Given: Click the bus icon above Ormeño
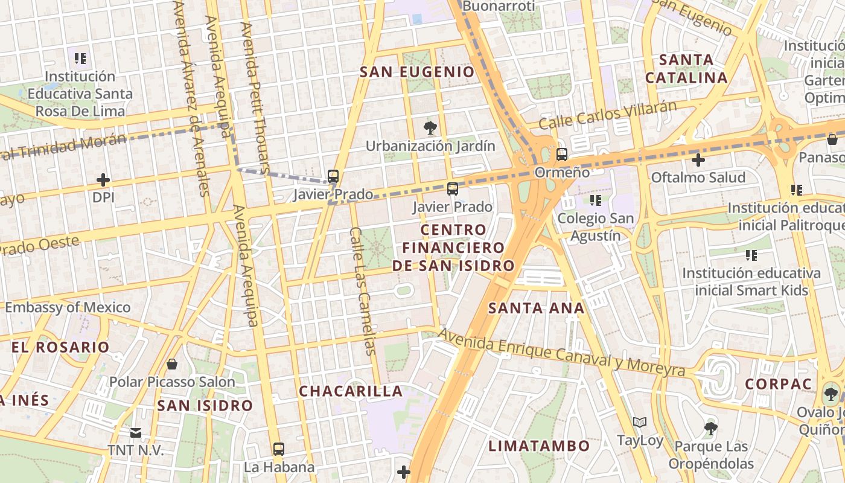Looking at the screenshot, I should tap(562, 154).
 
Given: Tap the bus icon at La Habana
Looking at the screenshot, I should tap(278, 449).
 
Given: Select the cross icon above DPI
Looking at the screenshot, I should tap(103, 180).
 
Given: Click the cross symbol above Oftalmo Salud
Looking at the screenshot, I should tap(698, 160).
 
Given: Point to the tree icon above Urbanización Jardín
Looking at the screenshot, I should tap(430, 127).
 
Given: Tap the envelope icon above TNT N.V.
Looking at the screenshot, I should tap(135, 432).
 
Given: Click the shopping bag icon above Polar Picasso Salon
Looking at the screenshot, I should tap(172, 364).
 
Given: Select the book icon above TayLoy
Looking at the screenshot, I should tap(640, 422).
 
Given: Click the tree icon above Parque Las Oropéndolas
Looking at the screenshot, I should tap(710, 429).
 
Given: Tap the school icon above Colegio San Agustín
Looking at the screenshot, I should tap(596, 200).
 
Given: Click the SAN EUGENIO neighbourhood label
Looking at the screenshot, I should tap(417, 72).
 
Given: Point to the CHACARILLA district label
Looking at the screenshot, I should tap(351, 391).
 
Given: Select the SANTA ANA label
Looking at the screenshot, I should tap(536, 308).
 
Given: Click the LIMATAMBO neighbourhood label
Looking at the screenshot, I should tap(539, 446).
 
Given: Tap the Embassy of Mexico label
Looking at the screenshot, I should tap(68, 307).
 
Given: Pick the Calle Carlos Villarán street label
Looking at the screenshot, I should tap(607, 115).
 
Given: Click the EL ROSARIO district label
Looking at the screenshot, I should tap(60, 347).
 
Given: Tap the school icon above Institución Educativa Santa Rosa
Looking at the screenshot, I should tap(80, 59).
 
